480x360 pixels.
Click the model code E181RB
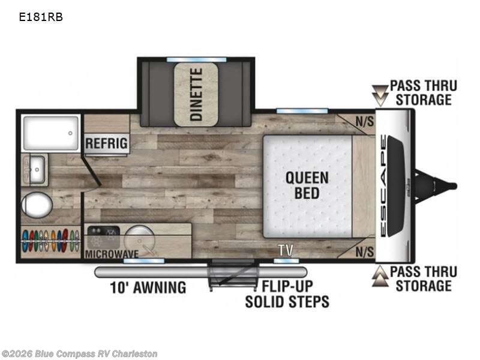(41, 17)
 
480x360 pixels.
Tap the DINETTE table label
(196, 94)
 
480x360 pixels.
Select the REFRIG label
(106, 143)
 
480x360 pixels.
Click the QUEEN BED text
(307, 185)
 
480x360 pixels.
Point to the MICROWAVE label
(112, 254)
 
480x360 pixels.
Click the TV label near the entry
(286, 250)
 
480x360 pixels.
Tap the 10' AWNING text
(148, 287)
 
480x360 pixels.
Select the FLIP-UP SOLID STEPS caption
(287, 294)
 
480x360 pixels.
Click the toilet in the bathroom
(37, 205)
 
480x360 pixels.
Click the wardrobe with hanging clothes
(50, 241)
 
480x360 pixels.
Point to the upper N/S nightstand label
(365, 122)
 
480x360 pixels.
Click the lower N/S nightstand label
(365, 252)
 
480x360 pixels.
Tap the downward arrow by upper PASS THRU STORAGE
(380, 95)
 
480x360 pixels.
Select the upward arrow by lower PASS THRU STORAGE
(380, 276)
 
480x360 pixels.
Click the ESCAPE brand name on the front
(383, 186)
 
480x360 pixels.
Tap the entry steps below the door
(232, 275)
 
